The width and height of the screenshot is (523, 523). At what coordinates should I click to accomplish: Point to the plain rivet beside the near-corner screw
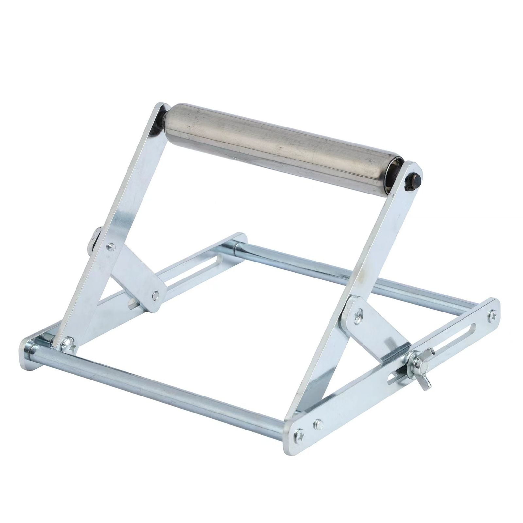tap(316, 424)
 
